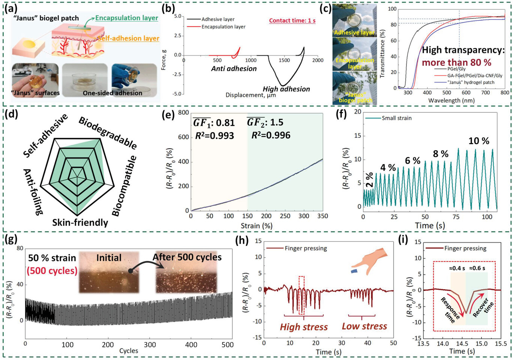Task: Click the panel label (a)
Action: tap(11, 8)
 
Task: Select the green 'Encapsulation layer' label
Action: tap(126, 18)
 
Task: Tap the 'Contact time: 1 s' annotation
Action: tap(292, 21)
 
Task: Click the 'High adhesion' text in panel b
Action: tap(286, 89)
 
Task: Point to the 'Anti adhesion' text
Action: tap(234, 69)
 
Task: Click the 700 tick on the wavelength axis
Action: tap(485, 93)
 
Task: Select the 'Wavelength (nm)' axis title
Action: tap(451, 100)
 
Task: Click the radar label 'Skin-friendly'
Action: tap(80, 223)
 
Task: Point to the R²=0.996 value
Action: tap(271, 135)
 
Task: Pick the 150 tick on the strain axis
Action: tap(247, 216)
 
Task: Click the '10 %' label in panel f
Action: tap(479, 141)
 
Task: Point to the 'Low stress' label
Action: tap(364, 326)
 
